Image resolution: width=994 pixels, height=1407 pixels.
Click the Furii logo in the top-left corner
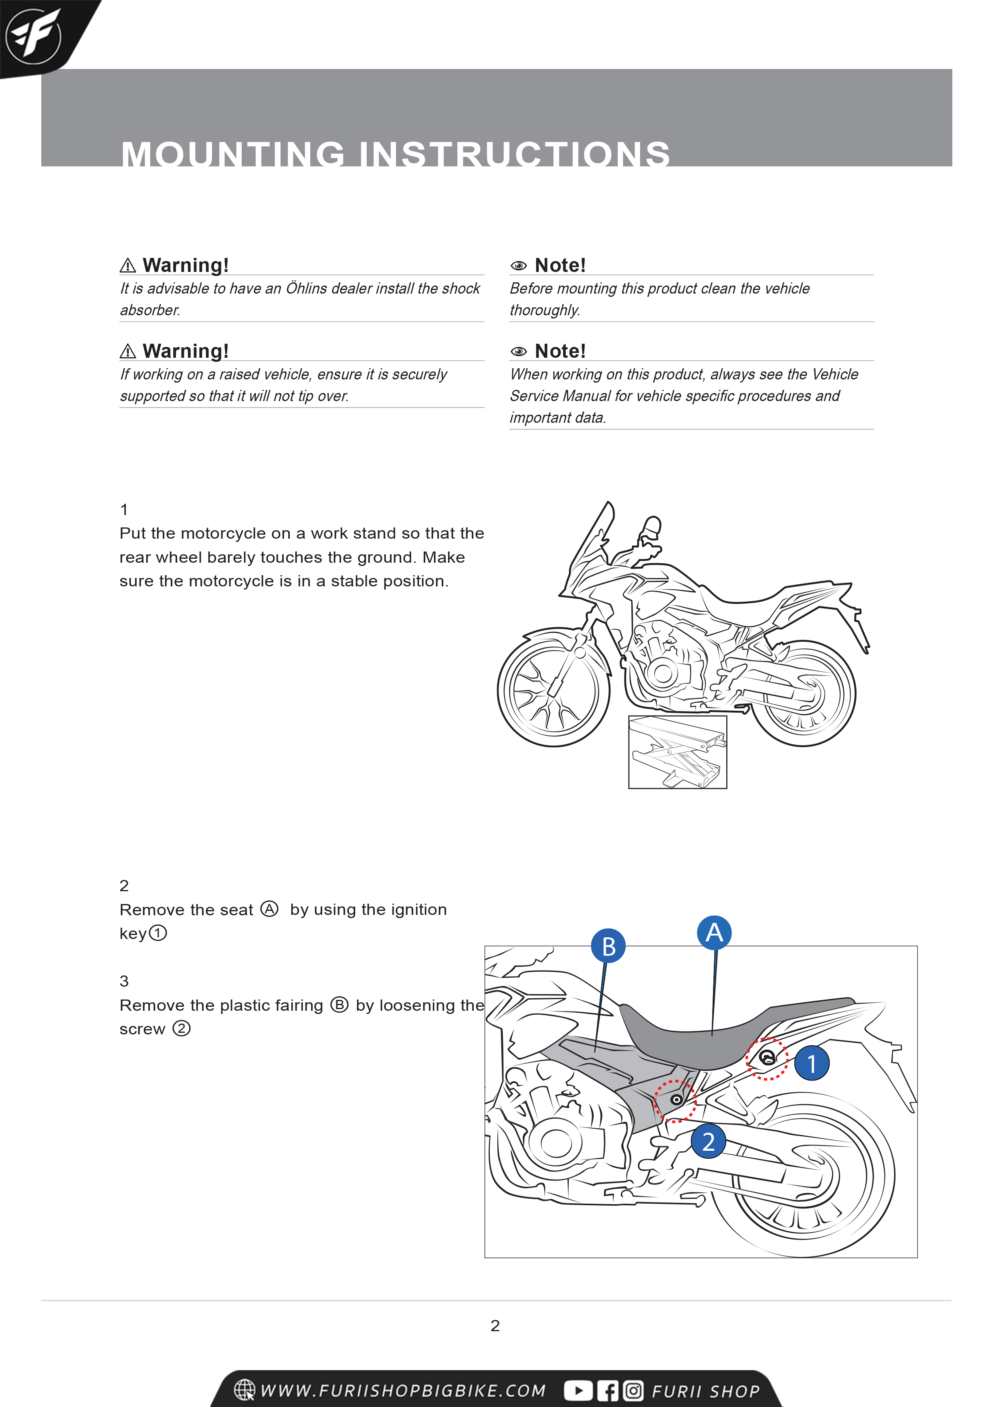pyautogui.click(x=34, y=36)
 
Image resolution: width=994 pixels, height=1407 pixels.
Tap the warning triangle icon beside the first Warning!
pyautogui.click(x=127, y=266)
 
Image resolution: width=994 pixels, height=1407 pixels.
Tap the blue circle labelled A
pyautogui.click(x=714, y=933)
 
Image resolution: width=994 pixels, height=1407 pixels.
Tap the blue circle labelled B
pyautogui.click(x=608, y=946)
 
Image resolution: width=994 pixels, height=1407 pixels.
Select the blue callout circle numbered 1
pyautogui.click(x=812, y=1063)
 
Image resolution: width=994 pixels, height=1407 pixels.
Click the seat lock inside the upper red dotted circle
pyautogui.click(x=766, y=1057)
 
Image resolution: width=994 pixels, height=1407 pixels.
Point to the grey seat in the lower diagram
pyautogui.click(x=704, y=1036)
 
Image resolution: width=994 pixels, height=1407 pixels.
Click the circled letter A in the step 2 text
pyautogui.click(x=269, y=909)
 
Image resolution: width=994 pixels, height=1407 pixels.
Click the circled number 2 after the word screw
pyautogui.click(x=181, y=1028)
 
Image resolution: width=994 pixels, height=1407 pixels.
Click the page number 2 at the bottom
pyautogui.click(x=495, y=1326)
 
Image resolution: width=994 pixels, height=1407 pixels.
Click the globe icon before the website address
pyautogui.click(x=244, y=1390)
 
